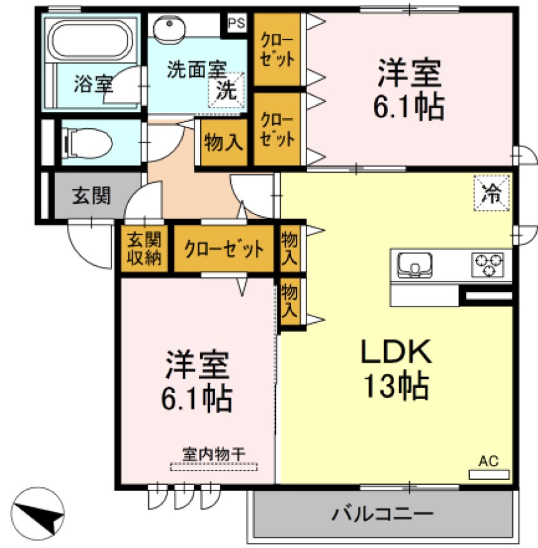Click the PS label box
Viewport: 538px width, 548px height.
[236, 23]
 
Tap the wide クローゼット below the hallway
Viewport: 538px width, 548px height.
[223, 249]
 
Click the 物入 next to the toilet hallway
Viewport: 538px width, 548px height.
[223, 143]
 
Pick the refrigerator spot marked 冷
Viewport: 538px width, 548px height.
[492, 193]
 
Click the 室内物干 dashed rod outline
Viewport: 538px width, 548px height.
[214, 466]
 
